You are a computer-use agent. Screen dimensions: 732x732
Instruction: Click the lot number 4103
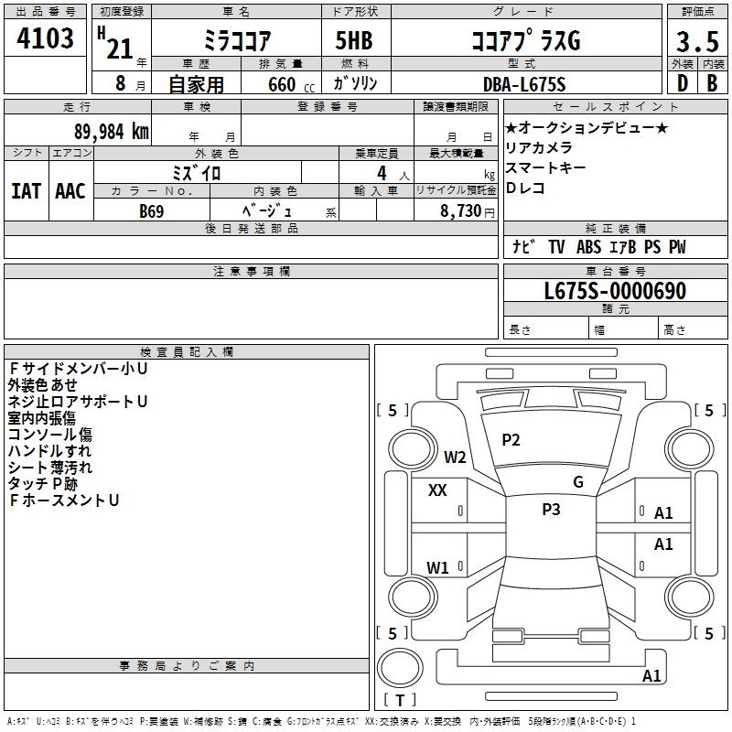(x=45, y=38)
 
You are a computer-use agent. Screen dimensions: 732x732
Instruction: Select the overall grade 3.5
(x=697, y=41)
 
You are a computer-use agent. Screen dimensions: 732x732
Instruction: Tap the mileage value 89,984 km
(x=111, y=132)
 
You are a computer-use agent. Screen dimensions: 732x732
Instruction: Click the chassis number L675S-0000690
(x=615, y=291)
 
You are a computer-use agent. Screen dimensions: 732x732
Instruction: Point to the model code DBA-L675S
(x=524, y=84)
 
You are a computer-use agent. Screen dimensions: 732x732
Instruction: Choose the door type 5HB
(x=354, y=40)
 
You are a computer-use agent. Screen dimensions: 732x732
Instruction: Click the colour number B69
(x=152, y=211)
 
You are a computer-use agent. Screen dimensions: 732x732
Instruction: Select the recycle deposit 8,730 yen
(x=467, y=211)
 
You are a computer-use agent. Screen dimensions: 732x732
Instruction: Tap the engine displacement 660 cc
(x=291, y=84)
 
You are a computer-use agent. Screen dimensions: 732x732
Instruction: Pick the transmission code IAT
(x=26, y=191)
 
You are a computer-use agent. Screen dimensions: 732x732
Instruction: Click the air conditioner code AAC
(x=70, y=191)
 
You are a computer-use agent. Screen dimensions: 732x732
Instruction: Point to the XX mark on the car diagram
(x=437, y=490)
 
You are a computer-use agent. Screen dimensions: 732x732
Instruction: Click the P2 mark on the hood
(x=511, y=440)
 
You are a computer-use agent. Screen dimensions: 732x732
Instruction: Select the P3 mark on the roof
(x=551, y=510)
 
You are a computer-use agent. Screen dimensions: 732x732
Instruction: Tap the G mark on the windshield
(x=578, y=482)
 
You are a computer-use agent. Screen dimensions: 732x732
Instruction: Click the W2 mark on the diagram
(x=455, y=457)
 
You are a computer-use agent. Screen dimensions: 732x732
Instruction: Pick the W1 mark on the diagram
(x=437, y=567)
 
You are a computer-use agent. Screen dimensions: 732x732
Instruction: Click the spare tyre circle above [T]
(x=400, y=668)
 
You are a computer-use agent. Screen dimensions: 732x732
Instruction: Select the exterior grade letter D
(x=683, y=83)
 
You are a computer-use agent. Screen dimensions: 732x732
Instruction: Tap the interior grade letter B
(x=713, y=83)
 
